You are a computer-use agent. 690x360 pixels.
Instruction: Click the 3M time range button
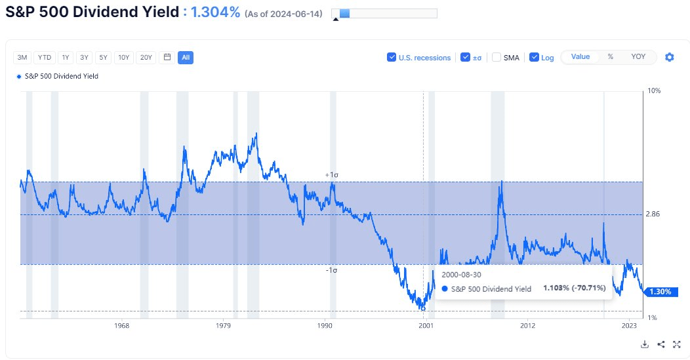(22, 57)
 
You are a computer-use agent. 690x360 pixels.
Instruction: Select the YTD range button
(43, 57)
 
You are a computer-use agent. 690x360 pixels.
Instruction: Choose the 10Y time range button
(123, 57)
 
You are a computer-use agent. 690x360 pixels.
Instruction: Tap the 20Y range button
(146, 57)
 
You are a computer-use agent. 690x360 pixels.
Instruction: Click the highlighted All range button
(186, 57)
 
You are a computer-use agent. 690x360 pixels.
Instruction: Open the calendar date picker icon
(167, 57)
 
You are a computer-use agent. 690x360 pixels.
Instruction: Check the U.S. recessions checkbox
(392, 57)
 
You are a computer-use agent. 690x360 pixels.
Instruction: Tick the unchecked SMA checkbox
(497, 57)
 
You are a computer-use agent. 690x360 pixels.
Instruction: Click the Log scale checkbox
(534, 57)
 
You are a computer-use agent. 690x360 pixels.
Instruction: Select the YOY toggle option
(638, 56)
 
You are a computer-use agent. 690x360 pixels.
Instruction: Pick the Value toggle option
(580, 56)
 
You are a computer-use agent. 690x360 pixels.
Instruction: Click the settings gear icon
(669, 57)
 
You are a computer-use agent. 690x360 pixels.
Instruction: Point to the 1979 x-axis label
(223, 325)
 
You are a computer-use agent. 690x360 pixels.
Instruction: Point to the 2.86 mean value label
(653, 214)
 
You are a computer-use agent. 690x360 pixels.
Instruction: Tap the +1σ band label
(331, 175)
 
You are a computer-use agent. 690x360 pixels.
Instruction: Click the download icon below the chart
(645, 344)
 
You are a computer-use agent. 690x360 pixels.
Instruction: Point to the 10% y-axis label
(653, 90)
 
